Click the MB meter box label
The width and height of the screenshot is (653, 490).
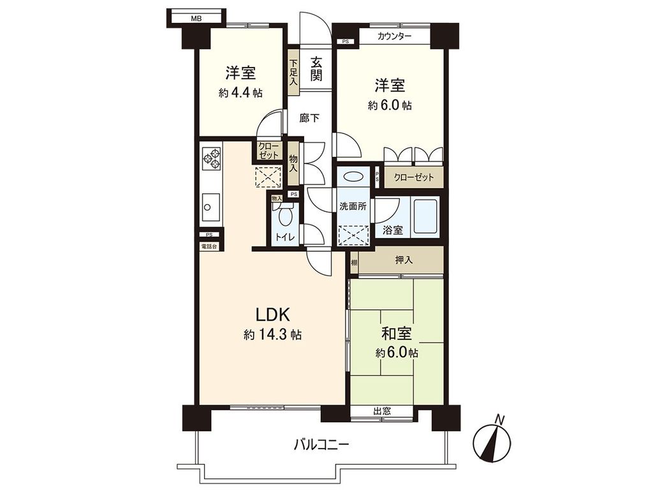pyautogui.click(x=196, y=19)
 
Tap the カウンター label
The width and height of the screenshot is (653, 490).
pyautogui.click(x=394, y=36)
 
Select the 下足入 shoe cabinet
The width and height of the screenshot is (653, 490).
pyautogui.click(x=293, y=73)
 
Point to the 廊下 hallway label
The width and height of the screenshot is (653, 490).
pyautogui.click(x=309, y=118)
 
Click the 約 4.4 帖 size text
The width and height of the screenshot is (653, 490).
pyautogui.click(x=240, y=93)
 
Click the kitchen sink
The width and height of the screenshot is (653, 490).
pyautogui.click(x=210, y=207)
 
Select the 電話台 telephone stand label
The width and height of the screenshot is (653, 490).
pyautogui.click(x=209, y=246)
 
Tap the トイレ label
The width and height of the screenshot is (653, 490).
pyautogui.click(x=284, y=237)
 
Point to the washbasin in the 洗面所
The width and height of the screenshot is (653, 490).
pyautogui.click(x=353, y=177)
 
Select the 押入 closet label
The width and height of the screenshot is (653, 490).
pyautogui.click(x=404, y=260)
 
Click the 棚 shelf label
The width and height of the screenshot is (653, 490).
pyautogui.click(x=354, y=262)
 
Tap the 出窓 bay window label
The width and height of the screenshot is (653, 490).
pyautogui.click(x=382, y=412)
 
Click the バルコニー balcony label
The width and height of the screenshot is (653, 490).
pyautogui.click(x=321, y=445)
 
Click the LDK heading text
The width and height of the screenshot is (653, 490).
pyautogui.click(x=272, y=315)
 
